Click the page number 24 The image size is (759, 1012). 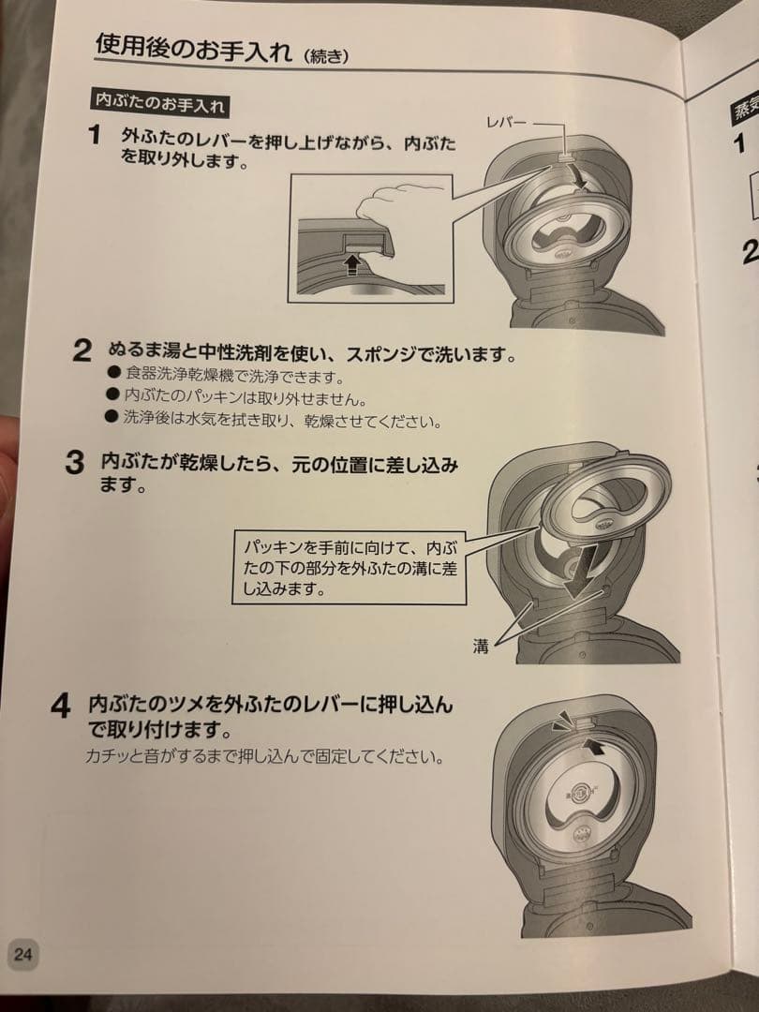(23, 955)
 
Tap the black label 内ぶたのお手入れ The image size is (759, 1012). (159, 101)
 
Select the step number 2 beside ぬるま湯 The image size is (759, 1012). (82, 352)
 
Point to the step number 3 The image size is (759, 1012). (74, 464)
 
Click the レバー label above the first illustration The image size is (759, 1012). (507, 123)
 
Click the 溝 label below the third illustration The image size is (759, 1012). (481, 647)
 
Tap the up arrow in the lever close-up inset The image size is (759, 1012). (352, 262)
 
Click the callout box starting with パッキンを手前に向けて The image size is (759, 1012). (348, 567)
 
